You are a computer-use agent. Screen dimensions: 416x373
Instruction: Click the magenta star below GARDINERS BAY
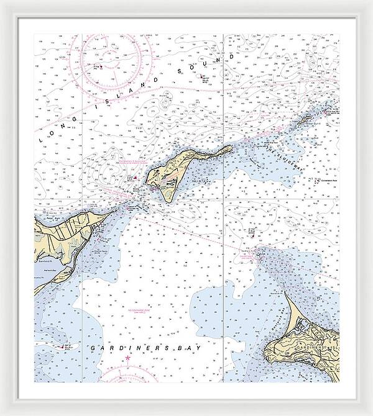click(128, 359)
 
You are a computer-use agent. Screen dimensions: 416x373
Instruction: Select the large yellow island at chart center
click(167, 175)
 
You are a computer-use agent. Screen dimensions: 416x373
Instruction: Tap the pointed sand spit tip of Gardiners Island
click(287, 294)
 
